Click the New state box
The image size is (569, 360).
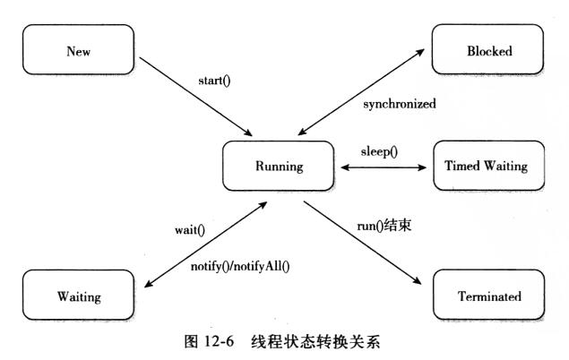tap(79, 51)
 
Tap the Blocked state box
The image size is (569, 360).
tap(488, 51)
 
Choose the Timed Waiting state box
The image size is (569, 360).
tap(488, 166)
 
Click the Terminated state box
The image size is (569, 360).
tap(488, 296)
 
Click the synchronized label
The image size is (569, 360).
tap(400, 104)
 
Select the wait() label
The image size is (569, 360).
tap(189, 229)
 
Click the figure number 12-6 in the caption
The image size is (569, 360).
tap(207, 341)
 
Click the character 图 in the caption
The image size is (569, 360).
tap(176, 341)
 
